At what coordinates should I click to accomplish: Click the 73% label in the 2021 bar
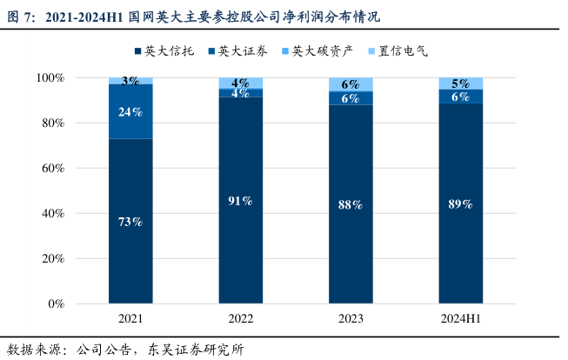pos(130,222)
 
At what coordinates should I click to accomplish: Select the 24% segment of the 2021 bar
pos(130,111)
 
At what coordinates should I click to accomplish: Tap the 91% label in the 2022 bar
pos(240,201)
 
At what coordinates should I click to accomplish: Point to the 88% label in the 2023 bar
pos(351,204)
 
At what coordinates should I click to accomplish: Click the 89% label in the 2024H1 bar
pos(460,203)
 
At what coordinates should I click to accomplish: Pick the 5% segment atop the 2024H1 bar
pos(461,83)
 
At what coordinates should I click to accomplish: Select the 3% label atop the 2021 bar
pos(130,81)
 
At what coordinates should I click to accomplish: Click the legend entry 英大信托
pos(164,51)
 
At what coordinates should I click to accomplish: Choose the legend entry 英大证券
pos(238,51)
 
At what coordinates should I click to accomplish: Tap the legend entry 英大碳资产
pos(317,51)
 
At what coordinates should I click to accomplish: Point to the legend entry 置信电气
pos(398,51)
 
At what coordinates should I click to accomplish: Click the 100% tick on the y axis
pos(50,78)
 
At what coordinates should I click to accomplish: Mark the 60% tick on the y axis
pos(53,168)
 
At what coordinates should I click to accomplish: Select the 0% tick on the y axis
pos(57,303)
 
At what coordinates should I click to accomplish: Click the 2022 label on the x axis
pos(241,319)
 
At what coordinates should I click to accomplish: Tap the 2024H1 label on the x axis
pos(461,319)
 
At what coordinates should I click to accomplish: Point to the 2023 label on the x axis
pos(351,319)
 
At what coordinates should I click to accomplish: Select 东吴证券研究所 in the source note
pos(196,350)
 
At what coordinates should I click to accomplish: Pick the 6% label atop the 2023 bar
pos(351,84)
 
